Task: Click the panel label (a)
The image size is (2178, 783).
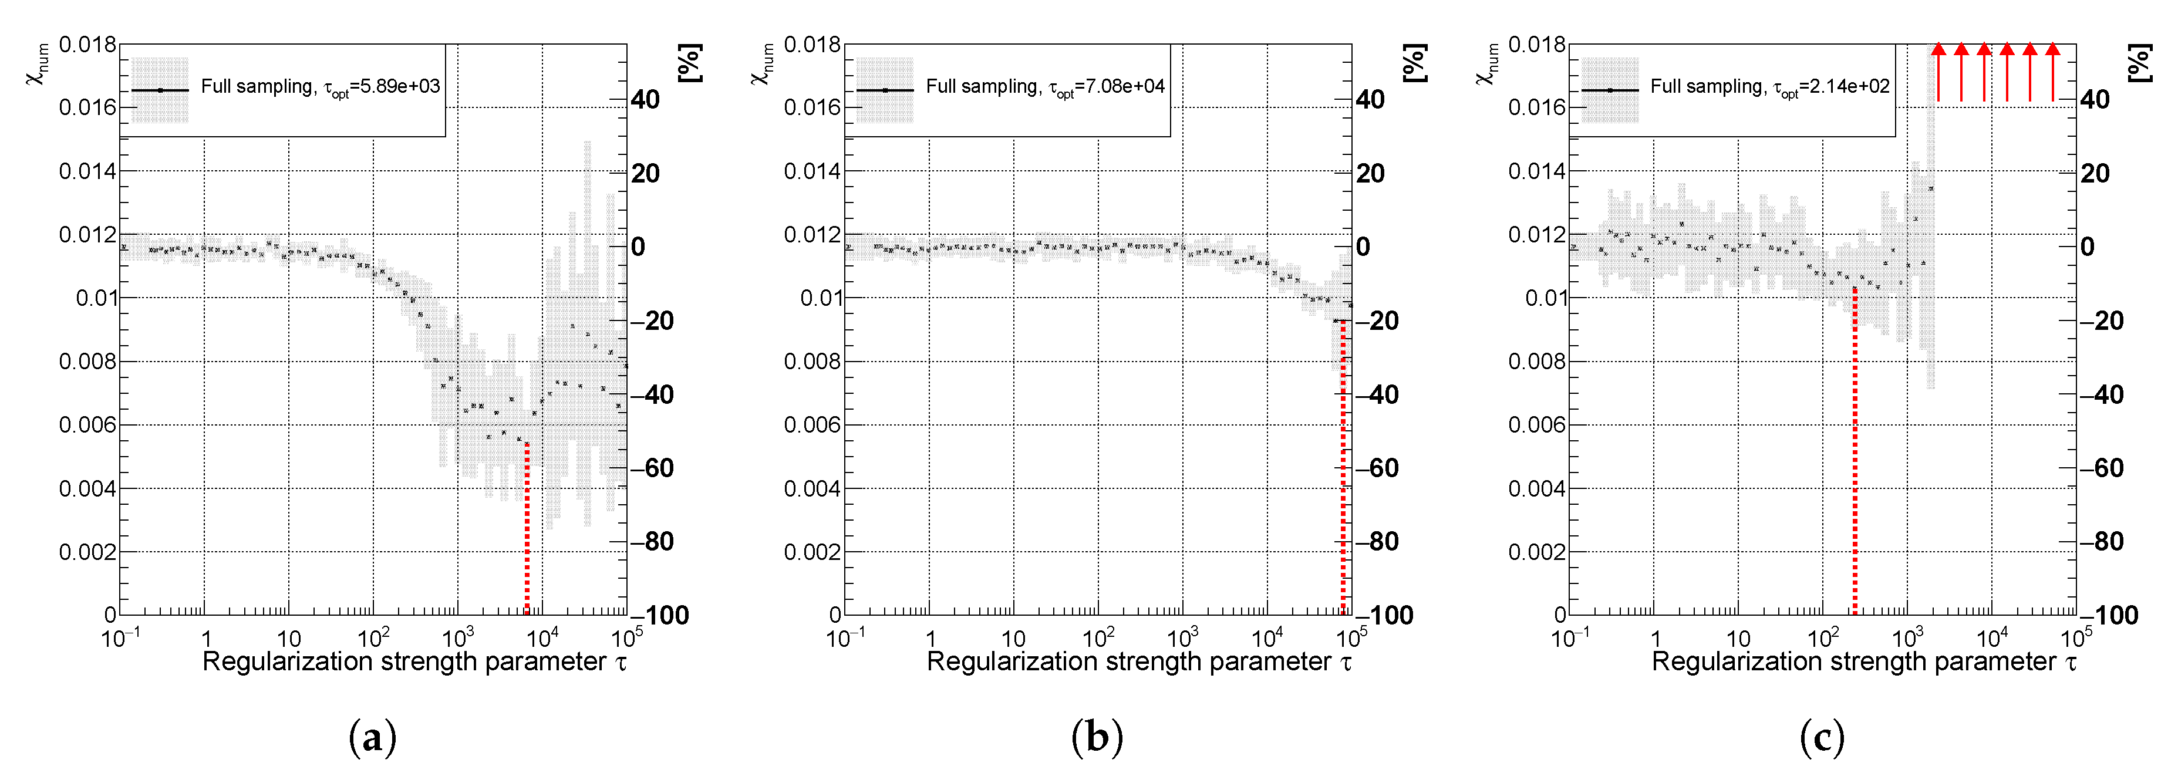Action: (x=372, y=737)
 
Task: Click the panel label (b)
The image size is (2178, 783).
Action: (x=1097, y=737)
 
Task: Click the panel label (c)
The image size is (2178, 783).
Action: (x=1822, y=737)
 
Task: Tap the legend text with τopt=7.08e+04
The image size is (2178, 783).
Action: (x=1045, y=86)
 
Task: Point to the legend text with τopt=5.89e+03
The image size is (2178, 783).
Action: (x=321, y=86)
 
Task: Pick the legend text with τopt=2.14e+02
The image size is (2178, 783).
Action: (x=1769, y=86)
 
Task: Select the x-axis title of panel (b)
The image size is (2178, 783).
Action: (x=1139, y=662)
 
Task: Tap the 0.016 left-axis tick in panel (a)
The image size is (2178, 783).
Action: (x=87, y=107)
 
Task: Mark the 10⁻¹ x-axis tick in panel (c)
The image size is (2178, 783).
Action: (x=1570, y=637)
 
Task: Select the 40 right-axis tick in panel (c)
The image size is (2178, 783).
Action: (x=2095, y=100)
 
